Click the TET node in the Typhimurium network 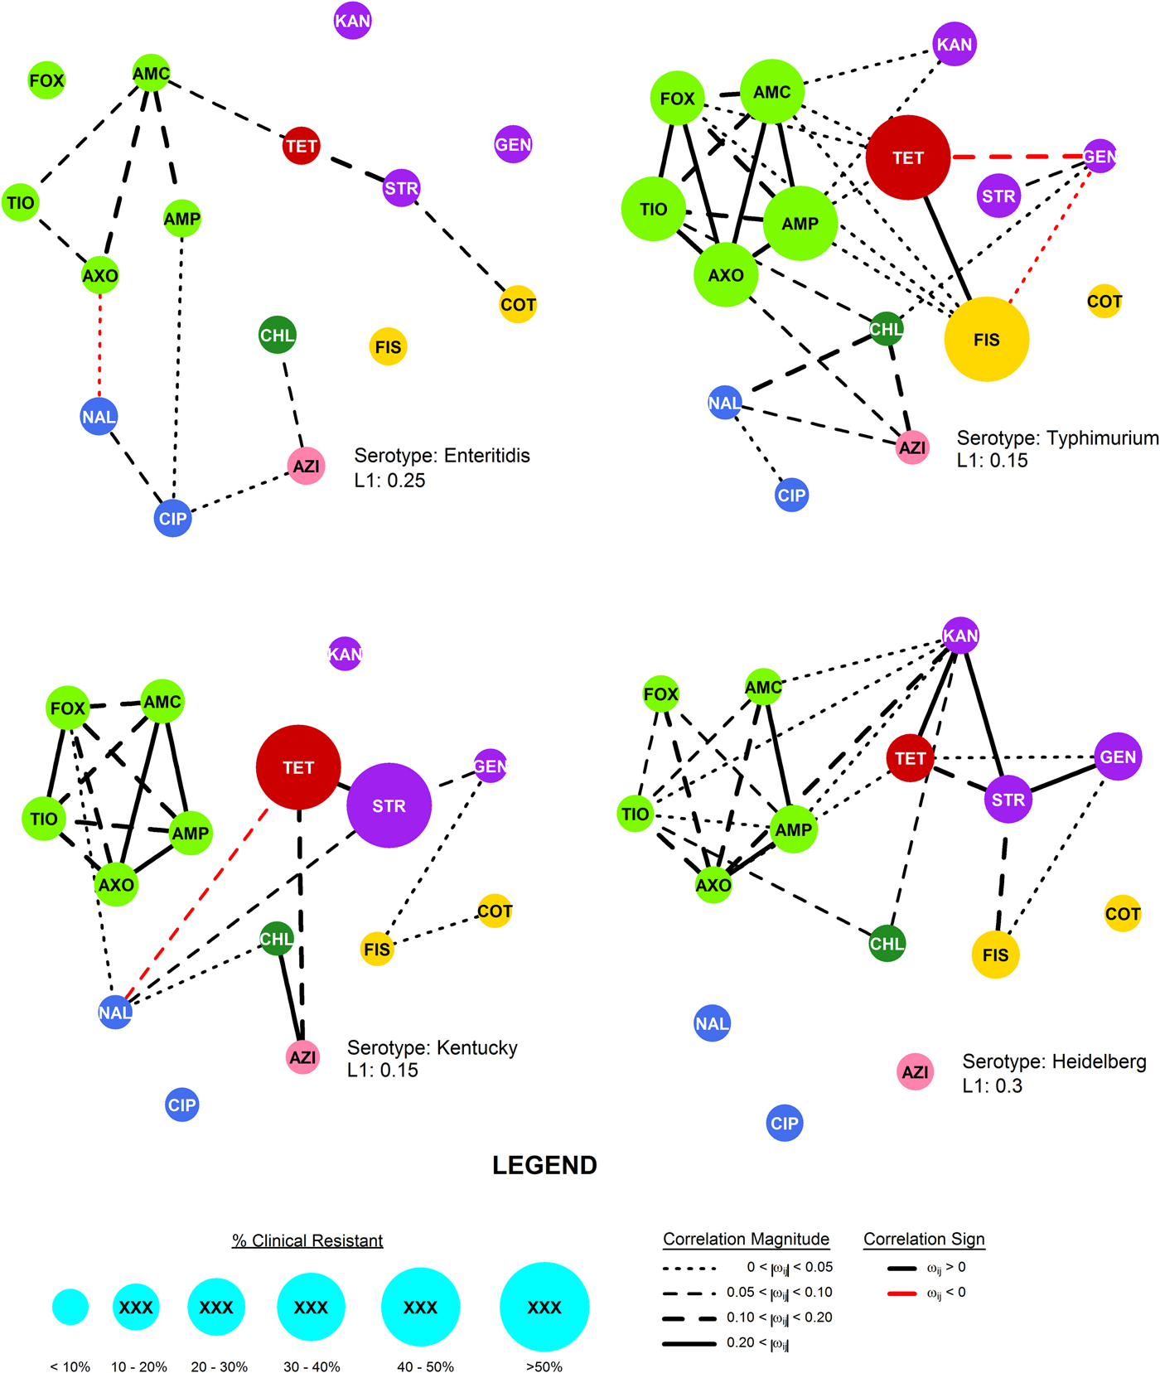point(907,157)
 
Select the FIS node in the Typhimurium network point(986,339)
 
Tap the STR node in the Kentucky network point(389,805)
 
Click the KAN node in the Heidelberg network point(960,636)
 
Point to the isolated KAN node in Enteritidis point(352,21)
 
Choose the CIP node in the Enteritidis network point(172,519)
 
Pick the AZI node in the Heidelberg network point(915,1072)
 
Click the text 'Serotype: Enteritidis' point(442,456)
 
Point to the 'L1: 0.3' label point(992,1085)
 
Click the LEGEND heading point(544,1165)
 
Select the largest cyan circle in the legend point(544,1307)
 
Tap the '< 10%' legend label point(70,1366)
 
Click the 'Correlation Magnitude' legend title point(746,1239)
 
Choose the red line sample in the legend point(901,1293)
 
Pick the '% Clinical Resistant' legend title point(307,1240)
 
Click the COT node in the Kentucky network point(495,911)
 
